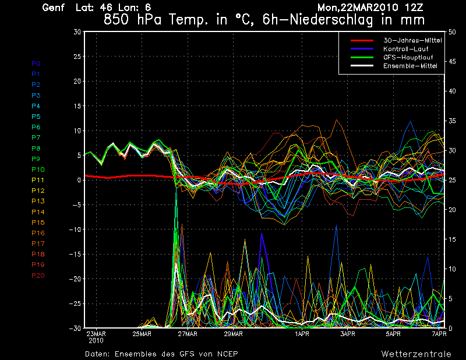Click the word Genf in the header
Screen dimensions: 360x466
click(x=53, y=8)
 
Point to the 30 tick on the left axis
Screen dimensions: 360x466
click(x=77, y=32)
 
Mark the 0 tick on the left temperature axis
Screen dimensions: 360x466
click(x=79, y=180)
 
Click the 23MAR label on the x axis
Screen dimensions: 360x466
click(x=96, y=334)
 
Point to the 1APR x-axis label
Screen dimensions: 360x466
click(x=302, y=334)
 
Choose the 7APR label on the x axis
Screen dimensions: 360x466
click(x=439, y=334)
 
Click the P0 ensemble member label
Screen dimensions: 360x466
click(x=36, y=63)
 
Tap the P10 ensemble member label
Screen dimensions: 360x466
click(x=38, y=170)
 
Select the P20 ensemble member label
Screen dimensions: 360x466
click(x=38, y=276)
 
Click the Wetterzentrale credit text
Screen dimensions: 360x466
click(x=416, y=354)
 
